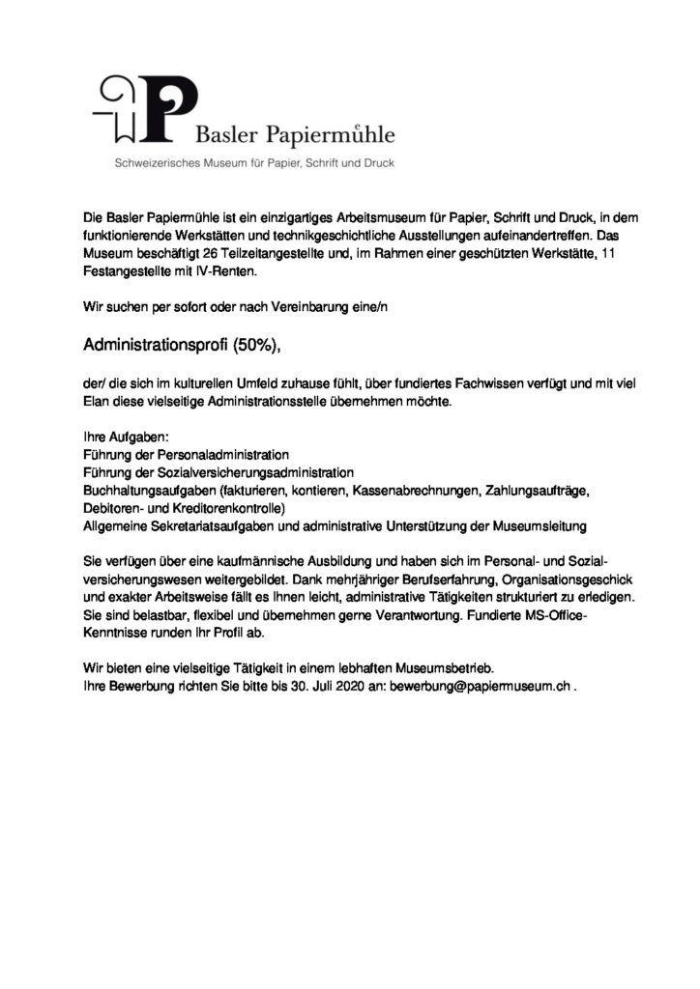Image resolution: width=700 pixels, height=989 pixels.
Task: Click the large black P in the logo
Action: (x=171, y=109)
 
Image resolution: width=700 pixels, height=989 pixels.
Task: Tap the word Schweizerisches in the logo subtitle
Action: (x=160, y=163)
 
